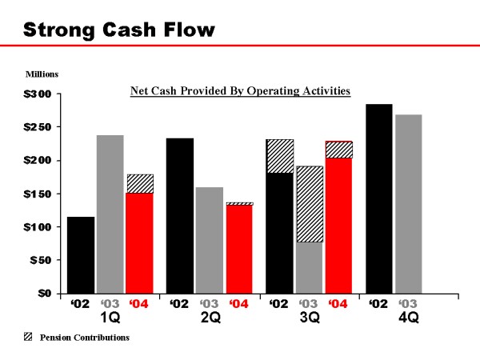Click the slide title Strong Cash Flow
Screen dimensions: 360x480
[119, 30]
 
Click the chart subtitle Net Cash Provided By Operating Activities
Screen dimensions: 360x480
[240, 91]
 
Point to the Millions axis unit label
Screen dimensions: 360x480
[42, 74]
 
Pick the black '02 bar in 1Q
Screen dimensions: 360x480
[81, 255]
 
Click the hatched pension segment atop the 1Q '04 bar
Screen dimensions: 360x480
[140, 183]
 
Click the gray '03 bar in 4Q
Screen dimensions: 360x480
[408, 204]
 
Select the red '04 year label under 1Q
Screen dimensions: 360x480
[140, 304]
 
